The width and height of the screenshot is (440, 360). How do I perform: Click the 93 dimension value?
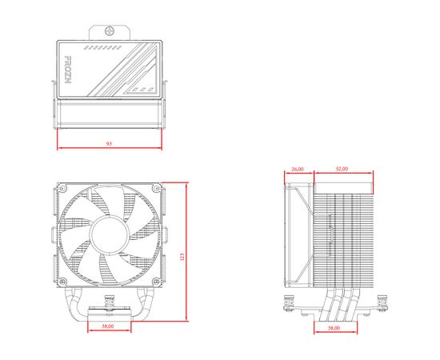(x=109, y=144)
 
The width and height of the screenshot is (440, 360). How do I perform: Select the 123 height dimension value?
(x=182, y=257)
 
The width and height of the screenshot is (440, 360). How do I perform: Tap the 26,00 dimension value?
(x=298, y=169)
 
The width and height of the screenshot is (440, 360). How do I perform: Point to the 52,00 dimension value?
(x=342, y=169)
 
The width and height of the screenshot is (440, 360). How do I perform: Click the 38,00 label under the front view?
(x=108, y=326)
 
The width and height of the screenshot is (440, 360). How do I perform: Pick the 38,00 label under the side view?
(x=334, y=328)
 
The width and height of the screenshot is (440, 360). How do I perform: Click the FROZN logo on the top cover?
(x=68, y=70)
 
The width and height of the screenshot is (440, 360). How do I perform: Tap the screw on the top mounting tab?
(x=110, y=31)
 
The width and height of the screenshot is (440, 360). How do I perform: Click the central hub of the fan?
(x=110, y=234)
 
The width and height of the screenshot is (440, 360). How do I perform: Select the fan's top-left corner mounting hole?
(x=62, y=188)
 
